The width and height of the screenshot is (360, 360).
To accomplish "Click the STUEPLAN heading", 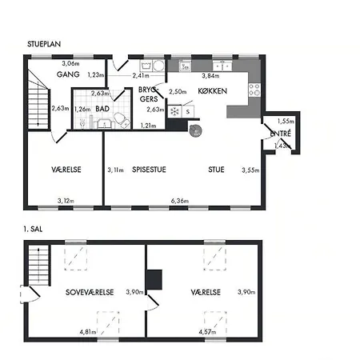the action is pos(44,44).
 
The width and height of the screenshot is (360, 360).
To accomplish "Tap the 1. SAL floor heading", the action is pos(33,229).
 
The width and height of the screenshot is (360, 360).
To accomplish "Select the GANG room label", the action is pos(68,74).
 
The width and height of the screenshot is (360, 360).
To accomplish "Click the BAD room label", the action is pos(102,109).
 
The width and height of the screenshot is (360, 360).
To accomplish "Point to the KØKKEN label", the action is pos(213,91).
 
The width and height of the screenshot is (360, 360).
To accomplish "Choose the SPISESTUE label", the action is pos(149,170).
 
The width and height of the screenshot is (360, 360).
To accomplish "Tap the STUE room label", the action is pos(216,170).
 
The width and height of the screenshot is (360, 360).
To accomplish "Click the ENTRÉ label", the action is pos(281,134).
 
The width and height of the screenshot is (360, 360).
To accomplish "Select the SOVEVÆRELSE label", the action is pos(90,292).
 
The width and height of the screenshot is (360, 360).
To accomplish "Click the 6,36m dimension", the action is pos(180,201).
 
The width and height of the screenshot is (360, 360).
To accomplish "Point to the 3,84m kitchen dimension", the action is pos(210,76).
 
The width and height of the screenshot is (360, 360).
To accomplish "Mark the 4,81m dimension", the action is pos(88,332).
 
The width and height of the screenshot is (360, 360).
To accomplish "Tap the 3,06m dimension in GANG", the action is pos(70,63).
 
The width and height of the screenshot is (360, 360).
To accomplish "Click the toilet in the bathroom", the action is pos(122,120).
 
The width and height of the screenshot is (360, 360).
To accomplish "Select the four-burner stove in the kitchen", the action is pos(254,90).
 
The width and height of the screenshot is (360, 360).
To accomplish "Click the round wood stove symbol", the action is pos(195,130).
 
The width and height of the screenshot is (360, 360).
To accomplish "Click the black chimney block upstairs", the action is pos(154,280).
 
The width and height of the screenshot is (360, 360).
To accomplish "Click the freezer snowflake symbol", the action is pos(174,111).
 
